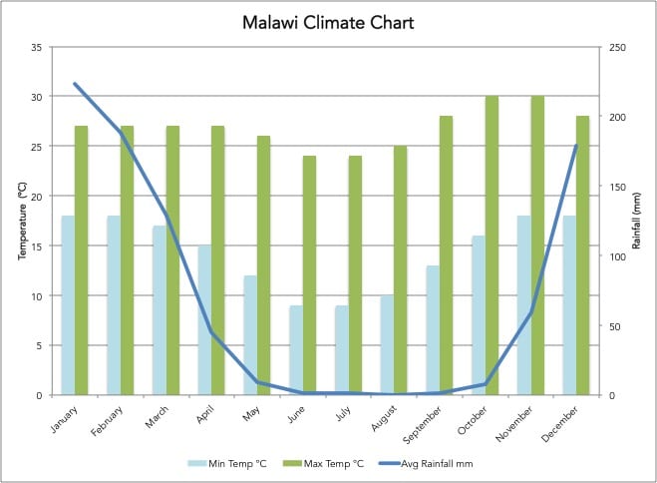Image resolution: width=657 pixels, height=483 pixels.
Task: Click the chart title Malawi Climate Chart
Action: pyautogui.click(x=328, y=21)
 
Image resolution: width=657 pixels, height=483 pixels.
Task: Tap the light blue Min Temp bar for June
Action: pyautogui.click(x=296, y=350)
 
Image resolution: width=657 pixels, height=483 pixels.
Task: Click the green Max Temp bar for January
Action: pyautogui.click(x=82, y=260)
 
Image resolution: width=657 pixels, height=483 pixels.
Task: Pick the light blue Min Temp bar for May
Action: pyautogui.click(x=250, y=335)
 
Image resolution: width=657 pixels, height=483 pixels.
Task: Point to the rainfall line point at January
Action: pyautogui.click(x=75, y=84)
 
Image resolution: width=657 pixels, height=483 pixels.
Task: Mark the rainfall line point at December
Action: pyautogui.click(x=576, y=146)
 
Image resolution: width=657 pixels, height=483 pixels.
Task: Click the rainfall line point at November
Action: pyautogui.click(x=530, y=312)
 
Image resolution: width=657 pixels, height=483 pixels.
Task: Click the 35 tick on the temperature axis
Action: pyautogui.click(x=36, y=47)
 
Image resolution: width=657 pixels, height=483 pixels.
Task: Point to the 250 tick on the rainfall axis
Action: pyautogui.click(x=617, y=47)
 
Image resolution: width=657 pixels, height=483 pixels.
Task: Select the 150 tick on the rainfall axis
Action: pyautogui.click(x=617, y=187)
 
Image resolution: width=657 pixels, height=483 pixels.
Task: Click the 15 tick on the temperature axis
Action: pyautogui.click(x=36, y=246)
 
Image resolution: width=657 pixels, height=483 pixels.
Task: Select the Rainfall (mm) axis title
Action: pyautogui.click(x=638, y=221)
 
